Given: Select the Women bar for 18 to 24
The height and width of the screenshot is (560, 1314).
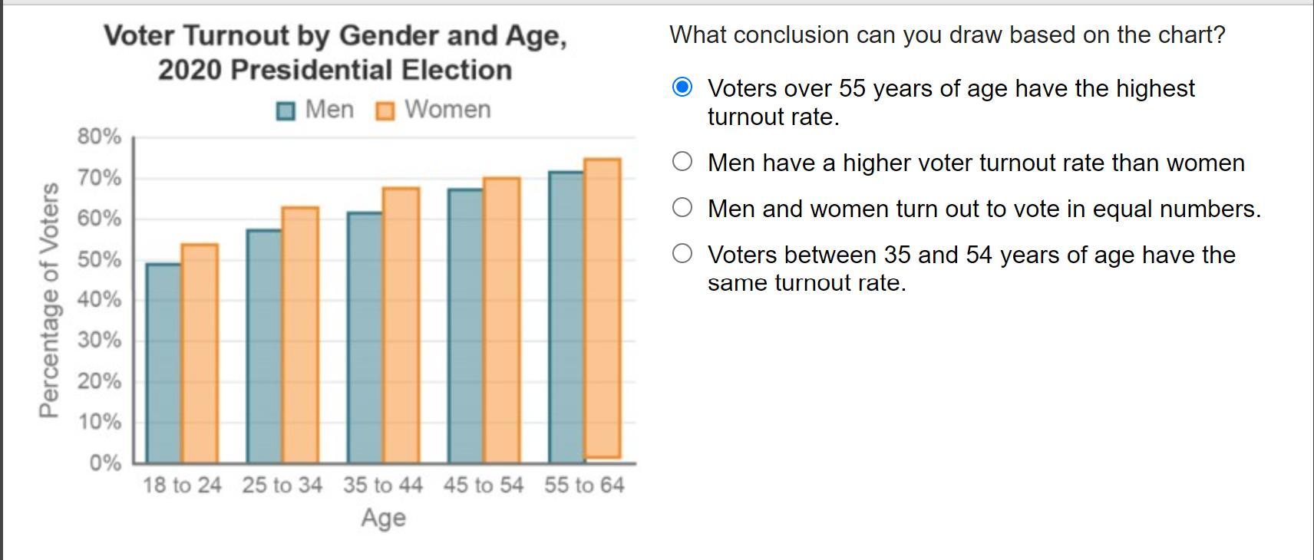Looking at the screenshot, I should click(200, 353).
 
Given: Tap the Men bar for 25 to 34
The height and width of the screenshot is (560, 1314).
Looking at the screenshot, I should click(264, 345).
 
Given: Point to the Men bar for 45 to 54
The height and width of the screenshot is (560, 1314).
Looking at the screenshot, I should click(465, 325).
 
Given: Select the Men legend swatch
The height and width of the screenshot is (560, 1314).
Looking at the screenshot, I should click(286, 111).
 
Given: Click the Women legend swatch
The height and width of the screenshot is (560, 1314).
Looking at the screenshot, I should click(385, 111).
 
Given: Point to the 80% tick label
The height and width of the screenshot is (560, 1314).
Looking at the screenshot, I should click(99, 137).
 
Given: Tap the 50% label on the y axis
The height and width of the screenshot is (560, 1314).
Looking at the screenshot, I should click(99, 259).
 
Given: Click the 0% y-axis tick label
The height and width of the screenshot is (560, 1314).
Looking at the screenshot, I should click(105, 463).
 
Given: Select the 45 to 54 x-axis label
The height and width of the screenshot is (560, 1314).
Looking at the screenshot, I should click(484, 485).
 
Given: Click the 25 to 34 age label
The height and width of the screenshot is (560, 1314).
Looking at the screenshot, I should click(282, 485).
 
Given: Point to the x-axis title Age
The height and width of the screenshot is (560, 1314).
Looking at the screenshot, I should click(383, 518).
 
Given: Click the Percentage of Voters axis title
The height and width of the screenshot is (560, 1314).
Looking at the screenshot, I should click(49, 300).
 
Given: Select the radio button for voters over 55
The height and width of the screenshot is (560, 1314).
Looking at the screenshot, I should click(682, 87).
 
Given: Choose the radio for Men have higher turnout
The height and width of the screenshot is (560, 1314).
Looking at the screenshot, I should click(682, 161).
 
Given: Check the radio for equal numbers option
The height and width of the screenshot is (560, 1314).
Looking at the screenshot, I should click(682, 207).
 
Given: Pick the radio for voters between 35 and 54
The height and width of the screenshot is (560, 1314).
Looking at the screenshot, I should click(682, 253).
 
